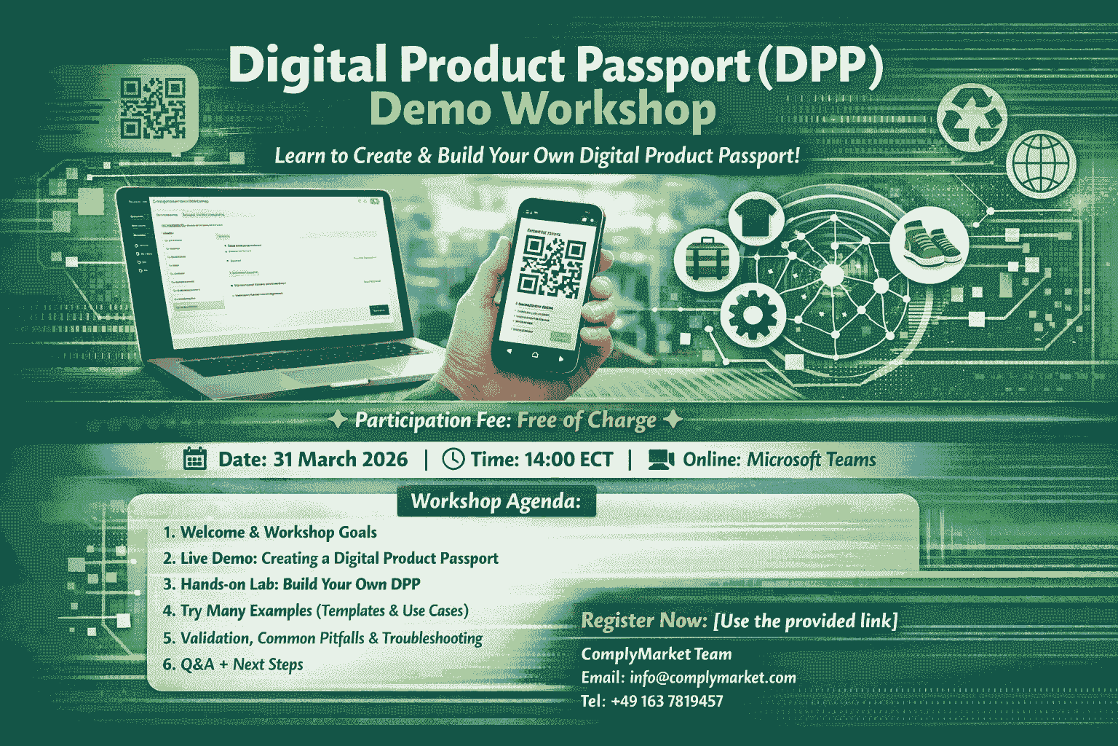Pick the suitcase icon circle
pyautogui.click(x=702, y=258)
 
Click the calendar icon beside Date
pyautogui.click(x=194, y=459)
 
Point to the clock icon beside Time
pyautogui.click(x=453, y=459)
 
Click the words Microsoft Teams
pyautogui.click(x=811, y=460)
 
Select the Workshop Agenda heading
pyautogui.click(x=496, y=501)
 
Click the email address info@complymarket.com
pyautogui.click(x=713, y=678)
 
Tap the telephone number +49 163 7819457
pyautogui.click(x=667, y=701)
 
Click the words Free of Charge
pyautogui.click(x=587, y=420)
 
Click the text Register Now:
pyautogui.click(x=644, y=621)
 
